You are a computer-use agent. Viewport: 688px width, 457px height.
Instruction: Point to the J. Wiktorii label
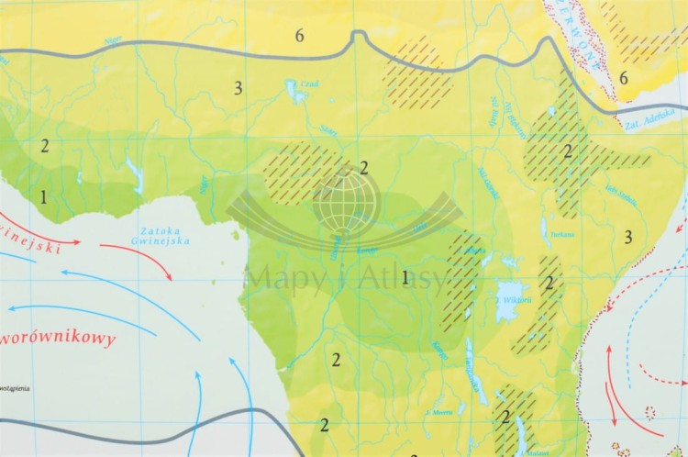coord(510,297)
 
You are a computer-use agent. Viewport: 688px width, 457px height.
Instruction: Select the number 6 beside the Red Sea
coord(624,78)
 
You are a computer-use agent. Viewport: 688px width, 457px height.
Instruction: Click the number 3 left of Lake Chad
coord(238,88)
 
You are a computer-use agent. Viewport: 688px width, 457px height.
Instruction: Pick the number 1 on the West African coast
coord(43,196)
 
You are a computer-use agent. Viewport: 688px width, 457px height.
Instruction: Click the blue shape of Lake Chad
coord(295,92)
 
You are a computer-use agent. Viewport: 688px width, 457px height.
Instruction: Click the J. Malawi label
coord(530,451)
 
